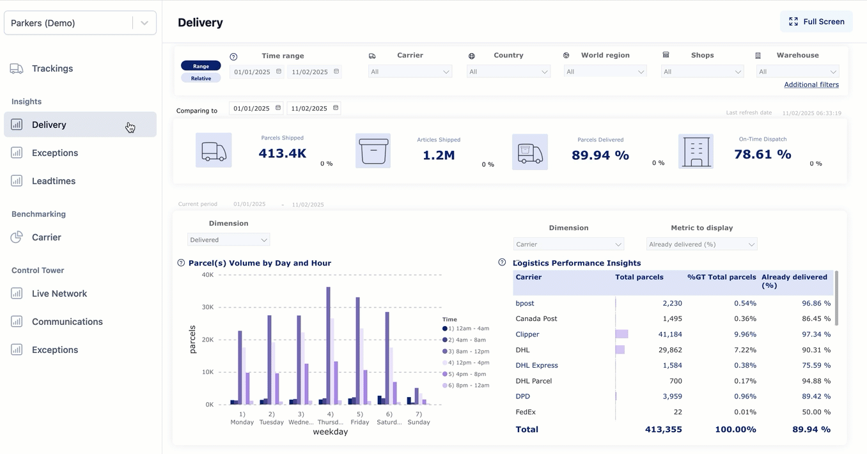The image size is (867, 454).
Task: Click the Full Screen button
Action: coord(816,22)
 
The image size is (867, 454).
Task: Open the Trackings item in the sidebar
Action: coord(52,68)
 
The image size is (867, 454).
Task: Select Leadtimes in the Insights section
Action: coord(54,181)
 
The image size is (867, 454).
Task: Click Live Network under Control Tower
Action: coord(59,294)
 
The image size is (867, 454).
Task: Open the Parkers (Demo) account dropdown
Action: coord(80,23)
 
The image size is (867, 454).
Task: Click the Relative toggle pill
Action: coord(201,78)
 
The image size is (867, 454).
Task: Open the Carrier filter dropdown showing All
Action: coord(410,72)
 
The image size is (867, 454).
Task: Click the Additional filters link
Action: coord(811,84)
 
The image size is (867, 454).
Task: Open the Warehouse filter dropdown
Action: coord(797,72)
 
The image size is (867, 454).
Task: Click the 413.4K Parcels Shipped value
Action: coord(283,153)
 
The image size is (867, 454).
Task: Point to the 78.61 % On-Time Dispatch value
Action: coord(762,154)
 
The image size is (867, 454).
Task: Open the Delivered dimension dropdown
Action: coord(228,240)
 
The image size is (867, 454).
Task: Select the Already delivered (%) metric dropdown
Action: coord(701,244)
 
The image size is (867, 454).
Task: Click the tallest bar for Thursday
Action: coord(329,345)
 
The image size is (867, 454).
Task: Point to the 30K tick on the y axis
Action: coord(207,307)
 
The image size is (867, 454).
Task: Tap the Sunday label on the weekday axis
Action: coord(418,422)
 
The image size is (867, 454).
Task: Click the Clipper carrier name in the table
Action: coord(527,334)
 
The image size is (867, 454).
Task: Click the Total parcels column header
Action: coord(639,278)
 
